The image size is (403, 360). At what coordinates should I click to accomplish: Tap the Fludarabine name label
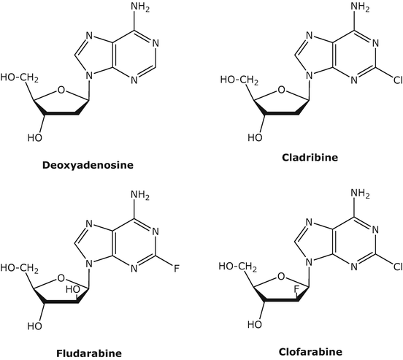click(88, 353)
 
